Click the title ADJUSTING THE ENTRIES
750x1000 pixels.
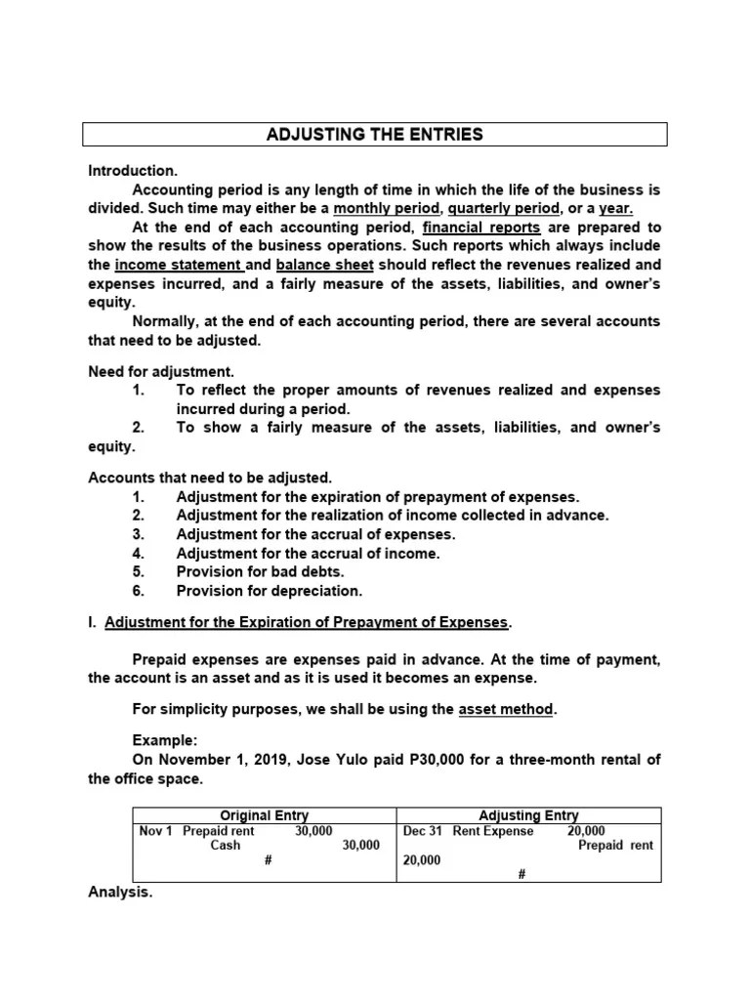click(x=374, y=135)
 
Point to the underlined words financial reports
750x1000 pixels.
click(x=481, y=227)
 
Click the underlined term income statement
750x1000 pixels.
click(x=178, y=265)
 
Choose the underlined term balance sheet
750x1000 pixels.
click(x=324, y=265)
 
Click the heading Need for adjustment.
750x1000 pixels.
click(x=161, y=371)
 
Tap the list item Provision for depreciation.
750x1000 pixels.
click(x=269, y=591)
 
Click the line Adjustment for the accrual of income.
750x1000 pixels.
click(x=308, y=553)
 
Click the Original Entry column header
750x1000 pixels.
click(x=264, y=815)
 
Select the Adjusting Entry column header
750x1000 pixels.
click(x=528, y=815)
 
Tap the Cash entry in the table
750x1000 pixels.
click(x=226, y=846)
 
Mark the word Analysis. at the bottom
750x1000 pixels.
click(x=120, y=893)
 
